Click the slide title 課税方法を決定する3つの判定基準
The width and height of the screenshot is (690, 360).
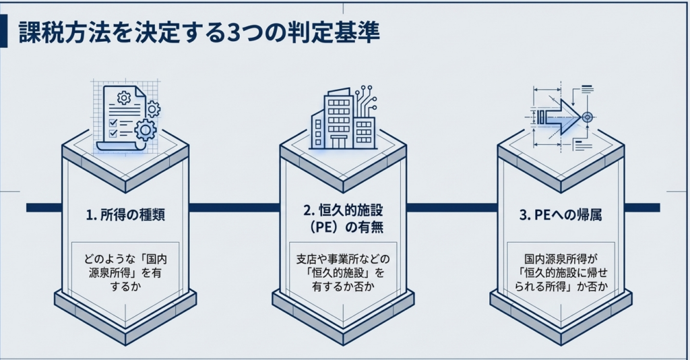coord(199,34)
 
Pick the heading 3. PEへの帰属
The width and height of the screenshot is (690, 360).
coord(561,216)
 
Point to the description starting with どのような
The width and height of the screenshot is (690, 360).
coord(125,272)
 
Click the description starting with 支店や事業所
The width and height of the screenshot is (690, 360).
coord(344,272)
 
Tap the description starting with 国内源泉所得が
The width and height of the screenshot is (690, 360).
coord(561,272)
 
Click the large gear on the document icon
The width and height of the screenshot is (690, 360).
coord(145,128)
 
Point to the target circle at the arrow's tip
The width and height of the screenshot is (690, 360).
coord(587,117)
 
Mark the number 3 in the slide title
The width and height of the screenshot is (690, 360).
coord(235,34)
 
